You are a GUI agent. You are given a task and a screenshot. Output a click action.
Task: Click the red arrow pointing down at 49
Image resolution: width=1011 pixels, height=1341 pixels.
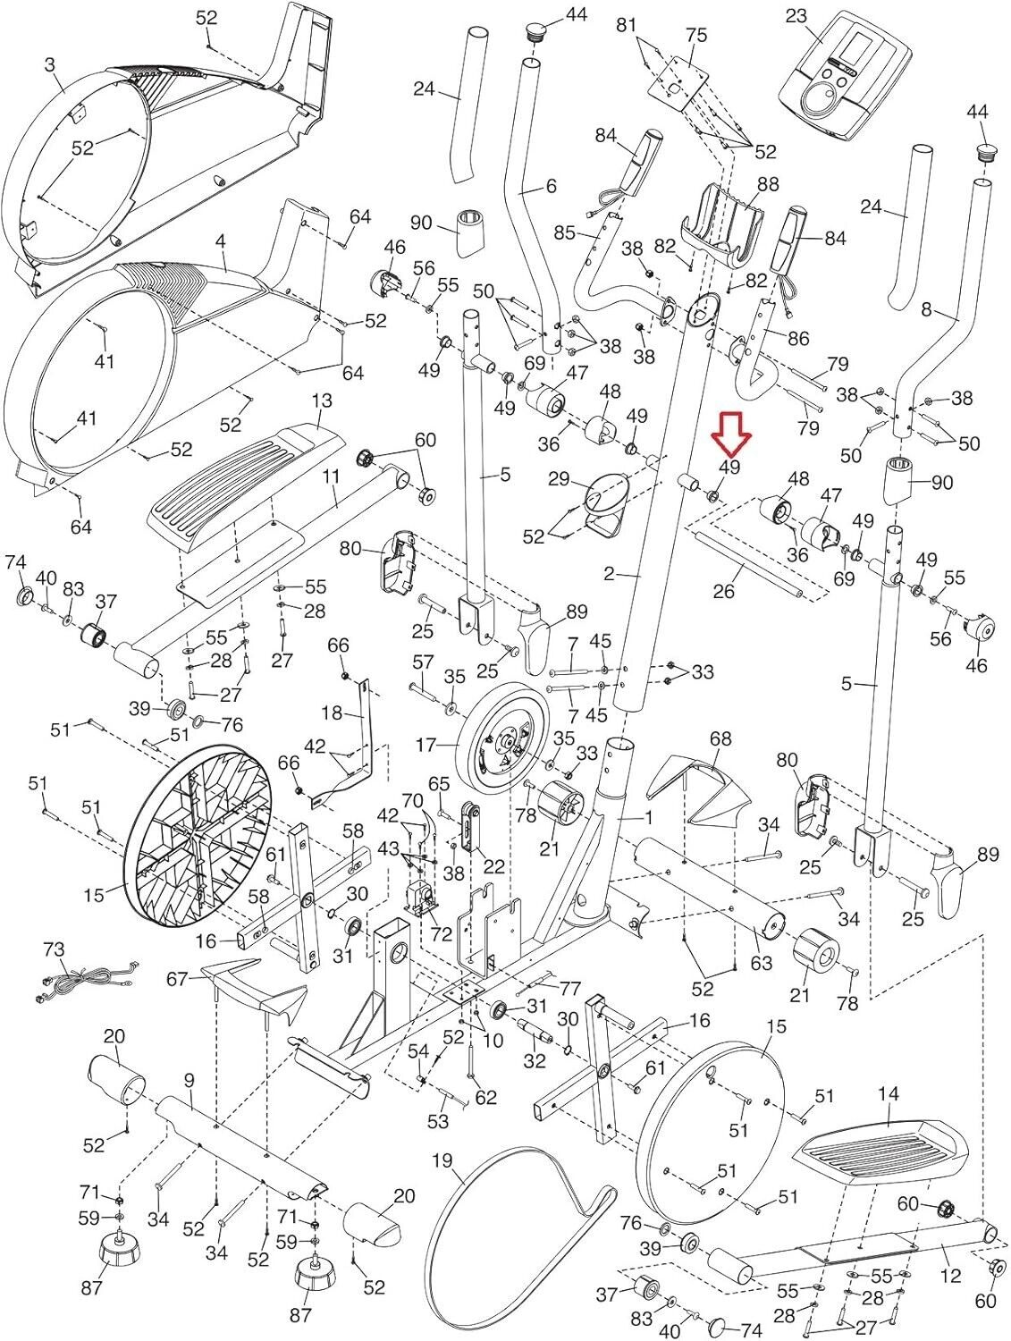click(731, 439)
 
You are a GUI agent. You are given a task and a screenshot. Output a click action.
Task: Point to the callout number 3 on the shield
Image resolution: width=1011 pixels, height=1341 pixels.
click(49, 64)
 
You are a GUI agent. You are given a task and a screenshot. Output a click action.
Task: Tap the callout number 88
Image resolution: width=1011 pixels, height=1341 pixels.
click(768, 185)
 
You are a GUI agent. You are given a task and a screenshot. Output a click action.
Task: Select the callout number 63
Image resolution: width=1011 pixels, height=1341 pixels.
click(761, 962)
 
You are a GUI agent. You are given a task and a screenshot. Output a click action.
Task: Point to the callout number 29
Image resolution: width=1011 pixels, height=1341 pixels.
click(560, 480)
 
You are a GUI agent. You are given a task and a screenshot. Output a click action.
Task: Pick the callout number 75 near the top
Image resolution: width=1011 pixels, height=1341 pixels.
click(695, 35)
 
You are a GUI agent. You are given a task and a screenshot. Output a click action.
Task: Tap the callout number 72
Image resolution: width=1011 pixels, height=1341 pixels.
click(440, 934)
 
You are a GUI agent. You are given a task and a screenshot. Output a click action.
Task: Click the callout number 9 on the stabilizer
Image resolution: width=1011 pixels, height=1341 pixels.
click(190, 1081)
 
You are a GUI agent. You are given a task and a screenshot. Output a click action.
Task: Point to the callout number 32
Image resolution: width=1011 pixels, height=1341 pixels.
click(535, 1061)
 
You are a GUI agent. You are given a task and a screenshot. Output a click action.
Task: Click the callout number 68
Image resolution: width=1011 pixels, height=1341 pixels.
click(720, 738)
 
